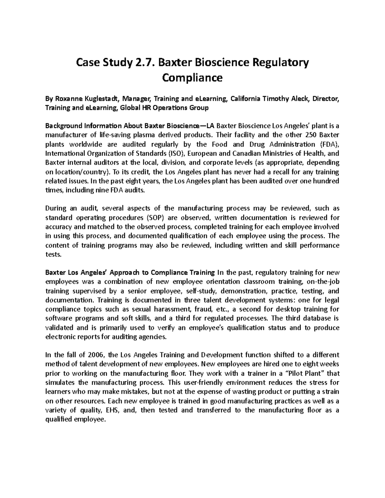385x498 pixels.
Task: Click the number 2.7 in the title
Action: tap(141, 63)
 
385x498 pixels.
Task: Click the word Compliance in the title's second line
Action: tap(192, 78)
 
